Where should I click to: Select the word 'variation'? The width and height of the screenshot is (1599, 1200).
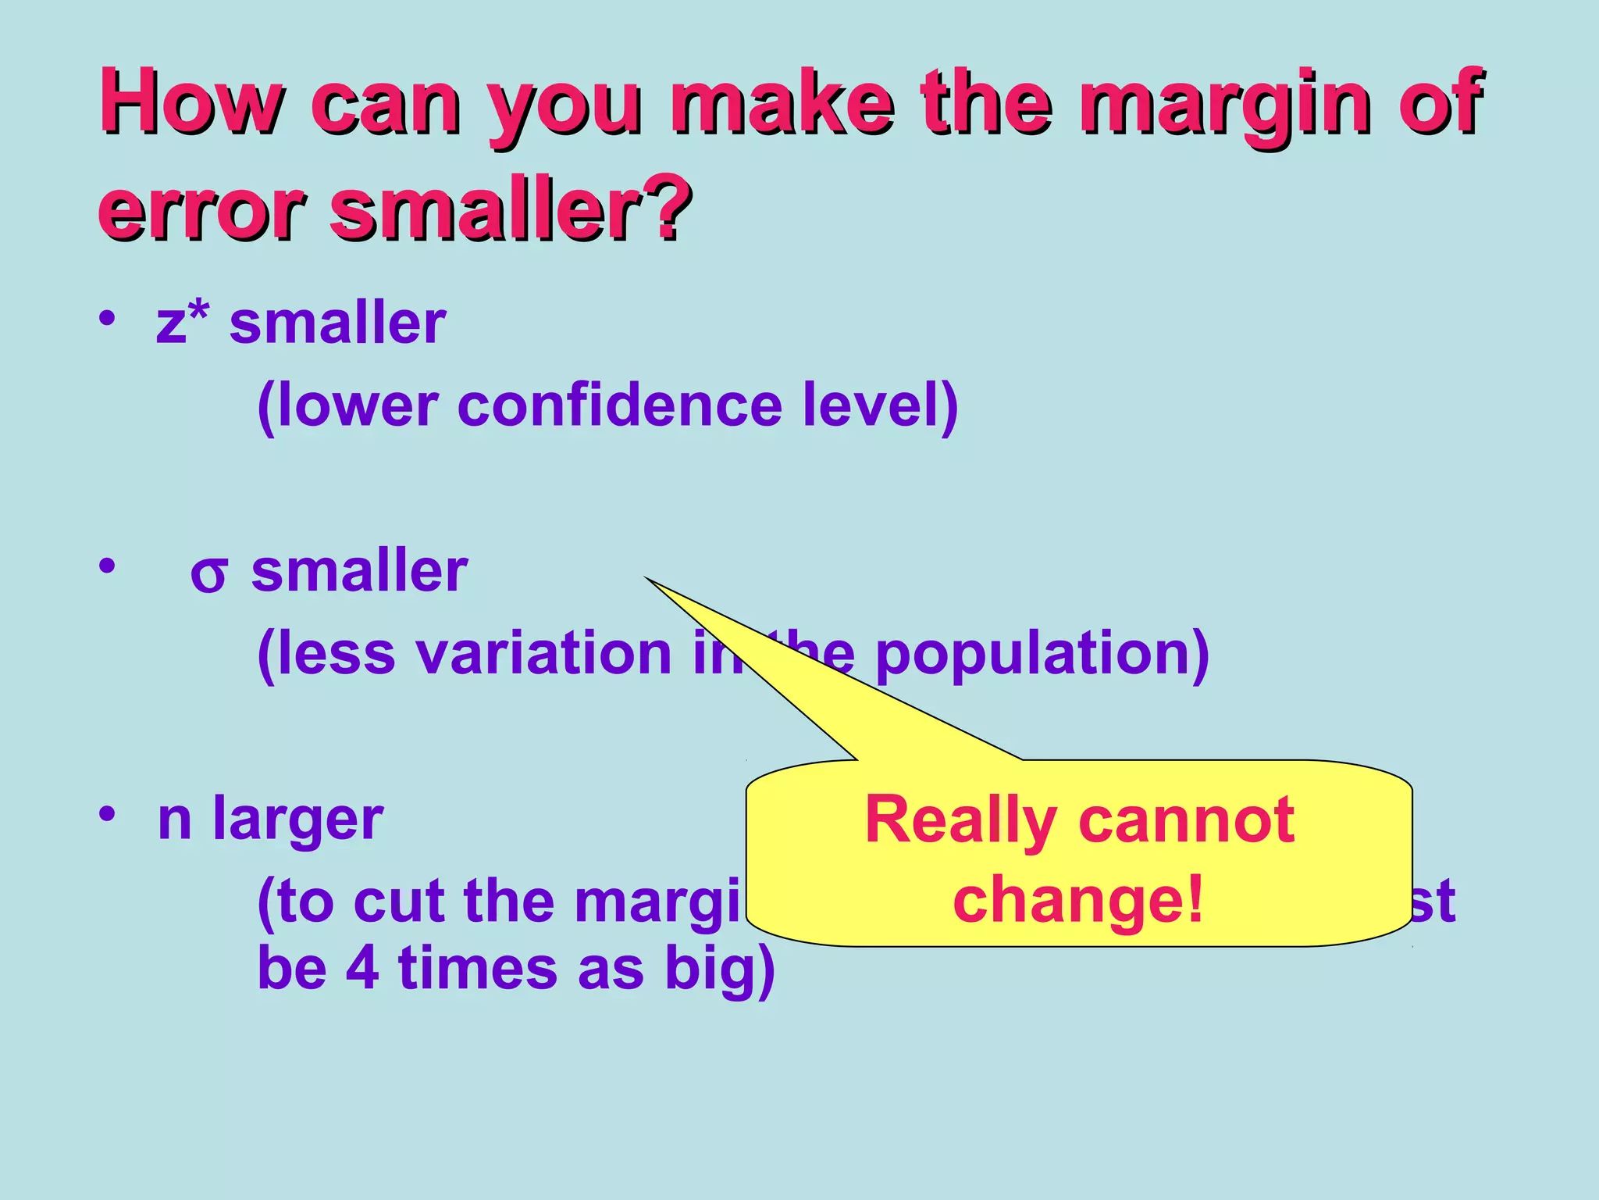click(544, 653)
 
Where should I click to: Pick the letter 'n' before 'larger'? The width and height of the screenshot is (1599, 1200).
click(175, 820)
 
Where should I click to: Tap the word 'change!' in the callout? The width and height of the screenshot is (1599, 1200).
click(1077, 900)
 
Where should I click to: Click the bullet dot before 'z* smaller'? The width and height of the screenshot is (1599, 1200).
click(108, 318)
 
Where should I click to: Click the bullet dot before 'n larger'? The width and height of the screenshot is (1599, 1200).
click(108, 814)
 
